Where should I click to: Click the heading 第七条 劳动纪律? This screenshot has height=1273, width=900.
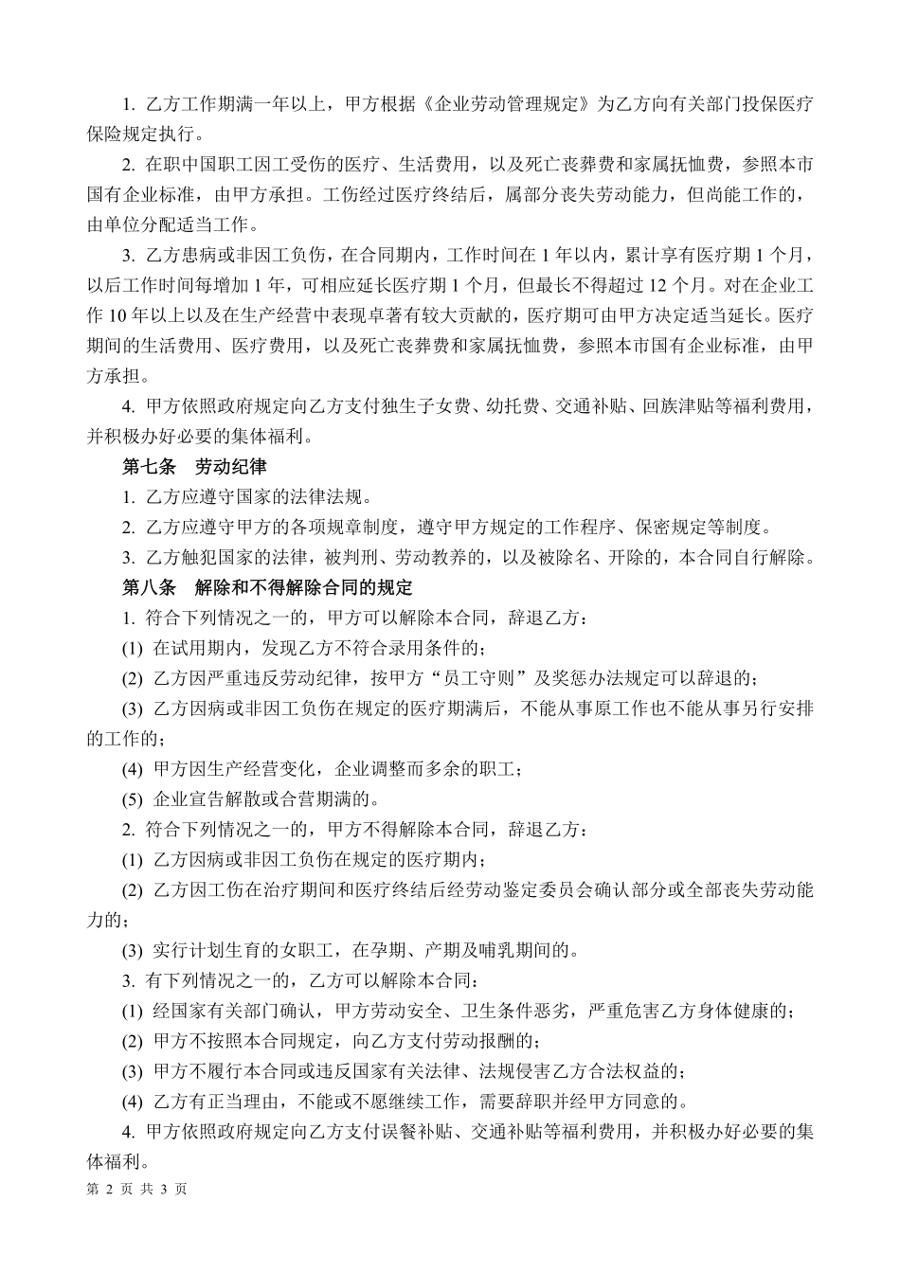coord(194,467)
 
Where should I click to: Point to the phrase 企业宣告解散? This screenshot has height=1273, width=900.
coord(202,799)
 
